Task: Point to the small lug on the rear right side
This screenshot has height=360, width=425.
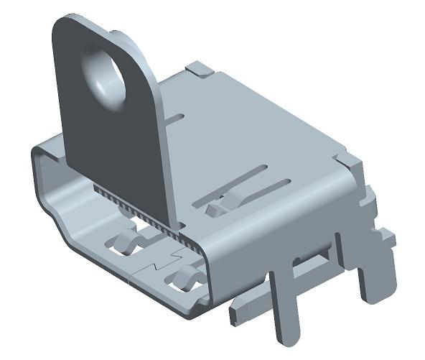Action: [x=387, y=236]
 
